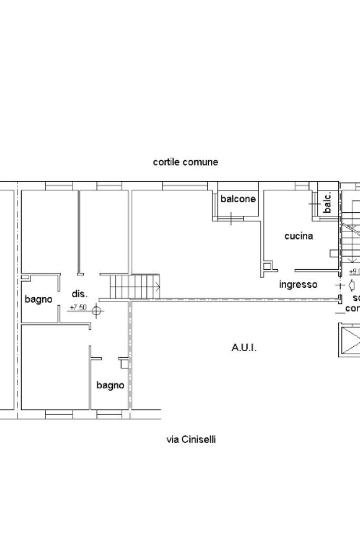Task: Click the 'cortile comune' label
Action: click(185, 162)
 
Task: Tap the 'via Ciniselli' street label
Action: click(191, 439)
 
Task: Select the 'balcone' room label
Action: click(238, 199)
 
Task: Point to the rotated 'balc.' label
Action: click(327, 202)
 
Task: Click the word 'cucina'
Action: click(298, 236)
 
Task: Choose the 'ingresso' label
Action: click(298, 285)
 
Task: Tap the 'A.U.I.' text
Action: click(244, 347)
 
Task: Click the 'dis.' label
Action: click(80, 294)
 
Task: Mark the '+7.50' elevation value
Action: click(78, 307)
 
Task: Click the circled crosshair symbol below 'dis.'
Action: click(96, 310)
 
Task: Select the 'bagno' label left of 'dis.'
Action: click(38, 299)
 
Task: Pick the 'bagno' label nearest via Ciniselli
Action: click(110, 385)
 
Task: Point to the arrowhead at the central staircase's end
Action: click(157, 286)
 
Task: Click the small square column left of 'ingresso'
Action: click(269, 266)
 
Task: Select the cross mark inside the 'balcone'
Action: click(231, 217)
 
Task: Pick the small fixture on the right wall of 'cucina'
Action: click(334, 253)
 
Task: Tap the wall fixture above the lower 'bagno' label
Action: click(124, 363)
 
